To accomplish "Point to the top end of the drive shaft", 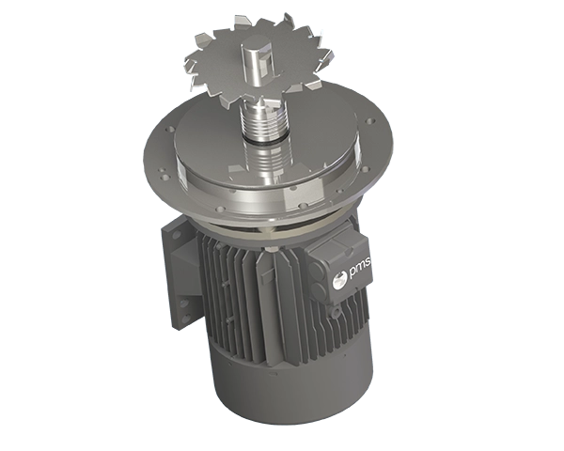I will (259, 48).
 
